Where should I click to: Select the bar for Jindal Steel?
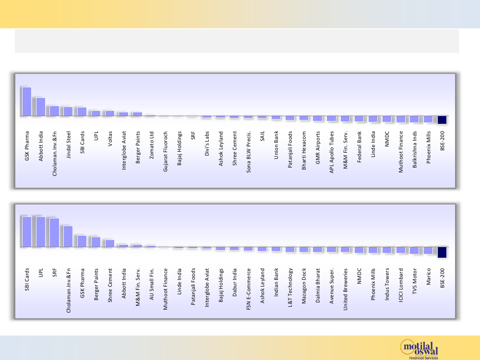(68, 111)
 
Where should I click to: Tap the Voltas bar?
(110, 113)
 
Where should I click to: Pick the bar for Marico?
(428, 250)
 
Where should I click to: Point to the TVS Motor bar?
(414, 250)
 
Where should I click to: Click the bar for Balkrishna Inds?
(414, 120)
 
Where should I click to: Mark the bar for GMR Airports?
(318, 119)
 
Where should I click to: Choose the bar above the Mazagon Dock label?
(304, 250)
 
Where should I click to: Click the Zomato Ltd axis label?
(152, 144)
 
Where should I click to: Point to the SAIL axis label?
(263, 137)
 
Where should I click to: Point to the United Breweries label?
(346, 285)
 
